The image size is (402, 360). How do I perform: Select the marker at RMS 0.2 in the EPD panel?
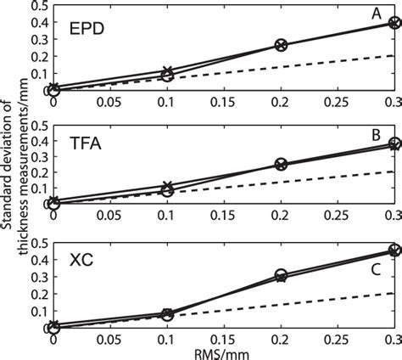pyautogui.click(x=281, y=44)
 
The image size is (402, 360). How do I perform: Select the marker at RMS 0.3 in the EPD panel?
pyautogui.click(x=394, y=23)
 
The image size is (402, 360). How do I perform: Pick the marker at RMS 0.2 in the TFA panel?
pyautogui.click(x=281, y=165)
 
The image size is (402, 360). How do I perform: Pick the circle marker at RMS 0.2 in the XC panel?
pyautogui.click(x=281, y=275)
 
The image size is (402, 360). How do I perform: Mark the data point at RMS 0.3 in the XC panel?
pyautogui.click(x=394, y=250)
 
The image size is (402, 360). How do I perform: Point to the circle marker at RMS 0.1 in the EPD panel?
pyautogui.click(x=168, y=76)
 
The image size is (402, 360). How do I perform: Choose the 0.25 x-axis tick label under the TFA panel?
pyautogui.click(x=337, y=217)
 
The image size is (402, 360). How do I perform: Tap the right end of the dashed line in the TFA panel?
pyautogui.click(x=394, y=172)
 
